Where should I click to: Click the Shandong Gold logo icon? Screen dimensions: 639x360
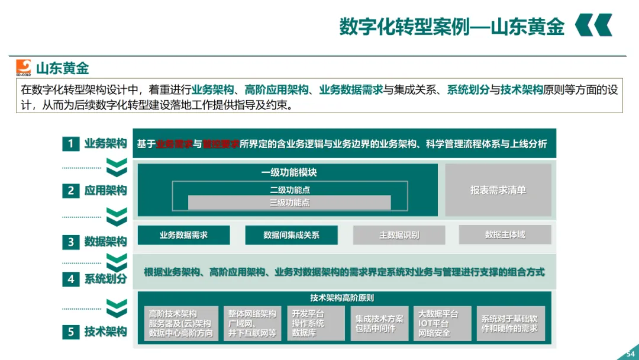click(23, 67)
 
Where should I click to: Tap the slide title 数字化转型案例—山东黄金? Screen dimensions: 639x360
click(451, 27)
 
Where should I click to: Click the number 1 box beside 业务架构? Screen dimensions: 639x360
click(70, 143)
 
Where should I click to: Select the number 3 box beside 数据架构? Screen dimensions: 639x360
click(70, 242)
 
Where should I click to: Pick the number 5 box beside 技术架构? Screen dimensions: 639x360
click(70, 332)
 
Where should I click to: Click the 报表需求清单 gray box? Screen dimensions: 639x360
click(498, 190)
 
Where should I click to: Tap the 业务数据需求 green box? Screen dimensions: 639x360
click(183, 235)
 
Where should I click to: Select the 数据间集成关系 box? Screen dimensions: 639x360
click(291, 235)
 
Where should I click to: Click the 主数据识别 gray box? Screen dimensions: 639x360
click(399, 235)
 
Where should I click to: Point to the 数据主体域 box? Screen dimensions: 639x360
click(505, 234)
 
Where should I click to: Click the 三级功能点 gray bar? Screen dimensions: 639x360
click(289, 202)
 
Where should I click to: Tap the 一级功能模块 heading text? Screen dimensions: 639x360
click(289, 173)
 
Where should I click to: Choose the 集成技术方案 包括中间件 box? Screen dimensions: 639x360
click(379, 323)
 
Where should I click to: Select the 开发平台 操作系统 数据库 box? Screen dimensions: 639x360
click(315, 323)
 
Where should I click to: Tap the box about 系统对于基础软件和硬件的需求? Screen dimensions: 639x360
click(509, 323)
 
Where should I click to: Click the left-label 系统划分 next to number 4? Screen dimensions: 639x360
click(105, 279)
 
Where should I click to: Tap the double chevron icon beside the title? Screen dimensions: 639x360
click(593, 25)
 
